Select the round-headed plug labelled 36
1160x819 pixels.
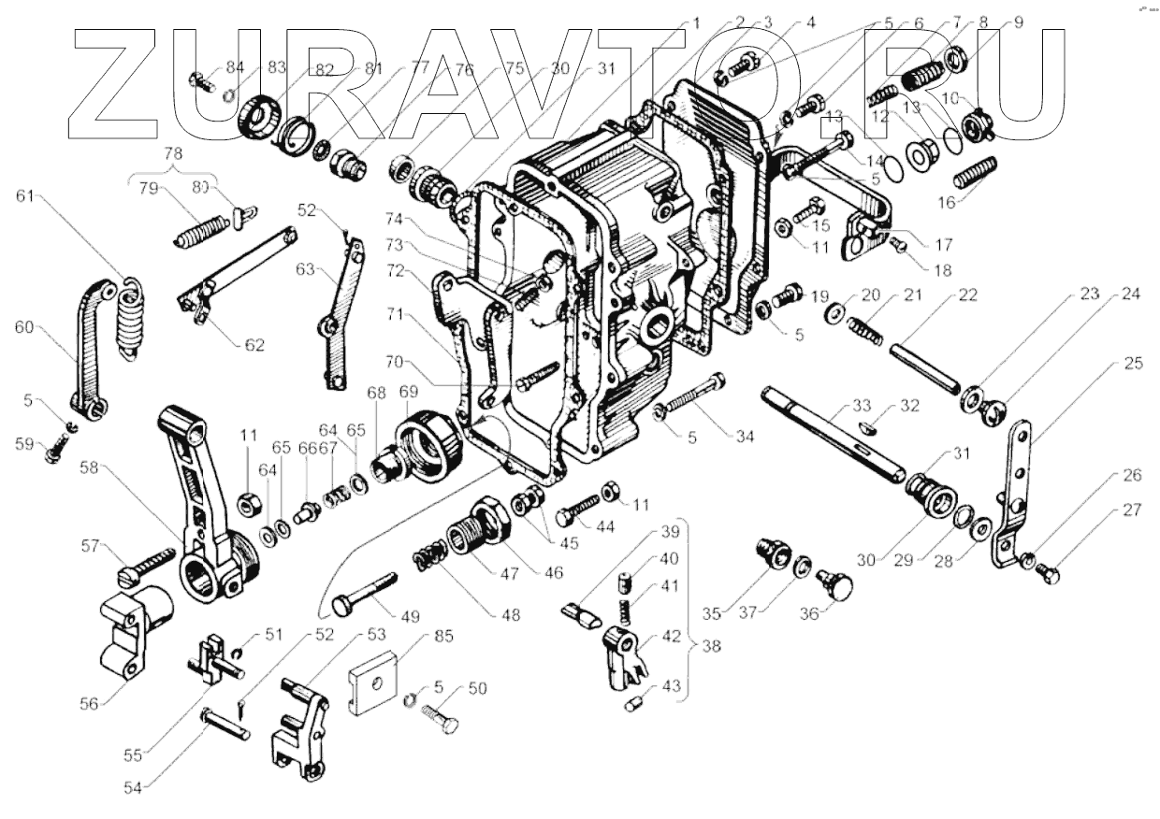pyautogui.click(x=836, y=587)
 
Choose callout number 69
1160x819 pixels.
pyautogui.click(x=409, y=391)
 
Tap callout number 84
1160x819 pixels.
pyautogui.click(x=235, y=67)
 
